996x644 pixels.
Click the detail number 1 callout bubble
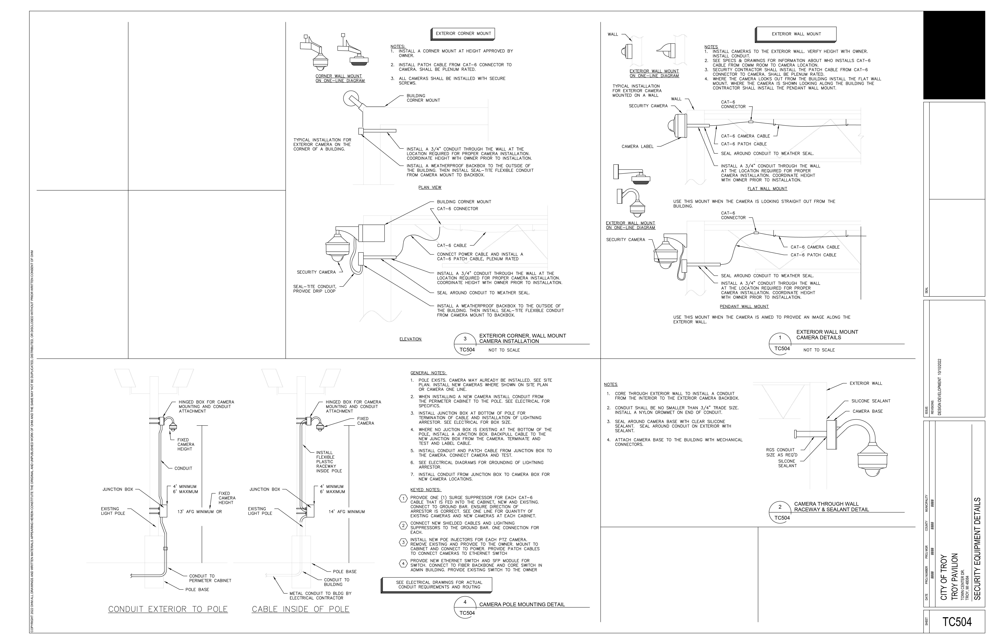click(x=780, y=343)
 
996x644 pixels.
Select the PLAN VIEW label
click(x=430, y=187)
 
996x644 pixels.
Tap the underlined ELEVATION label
click(x=411, y=339)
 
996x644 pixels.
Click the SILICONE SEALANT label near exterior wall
click(x=871, y=401)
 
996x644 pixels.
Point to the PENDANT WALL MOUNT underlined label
click(x=744, y=306)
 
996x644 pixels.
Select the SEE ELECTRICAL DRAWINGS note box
click(x=436, y=585)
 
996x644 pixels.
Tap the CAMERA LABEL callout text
click(x=637, y=146)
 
